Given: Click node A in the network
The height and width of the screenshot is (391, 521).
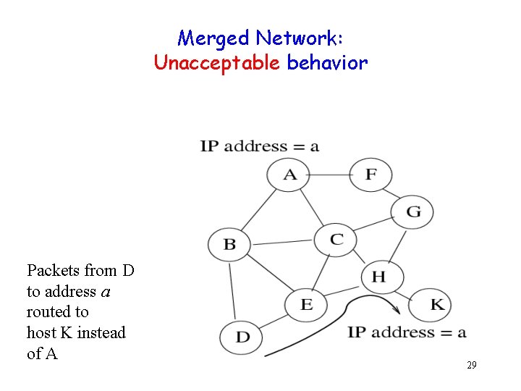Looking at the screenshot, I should (289, 175).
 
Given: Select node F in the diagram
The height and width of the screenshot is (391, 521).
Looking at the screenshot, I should (370, 175).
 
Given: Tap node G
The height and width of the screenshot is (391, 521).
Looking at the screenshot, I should (413, 211).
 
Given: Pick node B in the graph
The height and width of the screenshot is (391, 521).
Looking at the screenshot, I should (229, 244).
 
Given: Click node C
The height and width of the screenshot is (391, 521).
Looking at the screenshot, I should (336, 239).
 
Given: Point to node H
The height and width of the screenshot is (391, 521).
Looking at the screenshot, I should (379, 276).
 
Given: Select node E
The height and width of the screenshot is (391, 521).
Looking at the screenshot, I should (306, 303).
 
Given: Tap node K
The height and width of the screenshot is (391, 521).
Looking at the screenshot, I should (437, 304).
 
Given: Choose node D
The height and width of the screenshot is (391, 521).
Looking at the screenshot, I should (243, 337).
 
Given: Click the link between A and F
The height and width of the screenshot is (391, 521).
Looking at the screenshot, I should (330, 175).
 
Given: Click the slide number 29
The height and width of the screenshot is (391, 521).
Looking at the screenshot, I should (471, 366).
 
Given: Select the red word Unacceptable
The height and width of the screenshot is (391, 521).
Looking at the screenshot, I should (217, 63).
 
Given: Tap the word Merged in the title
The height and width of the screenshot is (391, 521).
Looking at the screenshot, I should (213, 38).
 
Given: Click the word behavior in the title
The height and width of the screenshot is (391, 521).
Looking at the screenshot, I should (327, 63).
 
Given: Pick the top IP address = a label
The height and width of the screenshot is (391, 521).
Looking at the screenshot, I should (259, 146).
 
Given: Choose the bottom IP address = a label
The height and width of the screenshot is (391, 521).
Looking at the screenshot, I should (407, 332).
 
